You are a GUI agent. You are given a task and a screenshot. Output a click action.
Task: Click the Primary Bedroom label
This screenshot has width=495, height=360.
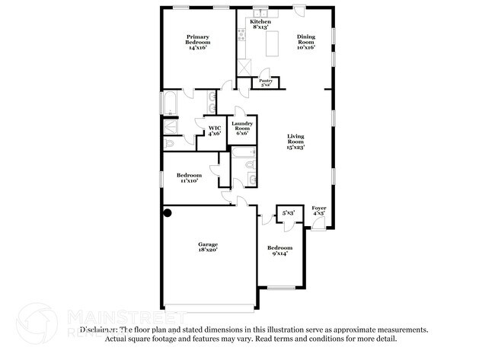point(196,42)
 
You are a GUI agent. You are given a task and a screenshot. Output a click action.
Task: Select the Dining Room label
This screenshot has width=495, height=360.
point(306,42)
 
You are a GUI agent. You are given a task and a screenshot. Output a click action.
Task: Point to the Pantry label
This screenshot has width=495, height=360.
point(266,81)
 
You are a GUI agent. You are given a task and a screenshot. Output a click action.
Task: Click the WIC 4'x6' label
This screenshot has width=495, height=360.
point(215,130)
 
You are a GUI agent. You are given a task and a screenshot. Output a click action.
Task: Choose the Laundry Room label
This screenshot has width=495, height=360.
point(242,127)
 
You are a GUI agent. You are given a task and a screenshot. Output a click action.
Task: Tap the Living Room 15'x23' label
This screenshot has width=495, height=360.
point(295,142)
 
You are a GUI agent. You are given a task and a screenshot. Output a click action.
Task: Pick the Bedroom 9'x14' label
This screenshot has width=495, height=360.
point(279,252)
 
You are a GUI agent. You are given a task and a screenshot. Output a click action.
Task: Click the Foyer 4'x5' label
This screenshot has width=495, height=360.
point(319,211)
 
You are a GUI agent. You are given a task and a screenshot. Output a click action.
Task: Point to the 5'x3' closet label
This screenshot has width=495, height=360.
point(288,213)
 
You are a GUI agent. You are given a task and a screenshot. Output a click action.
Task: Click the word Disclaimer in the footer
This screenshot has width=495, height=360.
point(99,330)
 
